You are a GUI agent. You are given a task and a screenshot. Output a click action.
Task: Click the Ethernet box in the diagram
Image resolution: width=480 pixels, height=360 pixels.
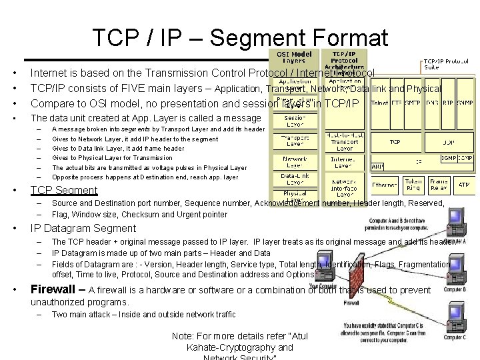tap(385, 184)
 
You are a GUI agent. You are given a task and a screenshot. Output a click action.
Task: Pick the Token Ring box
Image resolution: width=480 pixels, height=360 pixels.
tap(413, 185)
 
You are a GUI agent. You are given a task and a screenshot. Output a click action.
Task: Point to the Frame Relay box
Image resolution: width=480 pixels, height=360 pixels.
tap(438, 185)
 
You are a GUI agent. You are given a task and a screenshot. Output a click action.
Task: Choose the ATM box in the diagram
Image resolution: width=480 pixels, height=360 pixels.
tap(464, 185)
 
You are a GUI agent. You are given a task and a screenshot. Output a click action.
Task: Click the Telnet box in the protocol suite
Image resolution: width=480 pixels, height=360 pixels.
tap(380, 103)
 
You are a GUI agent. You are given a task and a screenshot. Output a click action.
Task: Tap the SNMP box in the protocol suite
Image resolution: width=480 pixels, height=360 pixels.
tap(465, 103)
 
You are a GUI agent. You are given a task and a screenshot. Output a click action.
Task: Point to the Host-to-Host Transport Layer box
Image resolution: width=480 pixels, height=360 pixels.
tap(344, 142)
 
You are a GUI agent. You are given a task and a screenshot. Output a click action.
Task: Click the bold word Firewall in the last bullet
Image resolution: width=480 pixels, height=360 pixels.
tap(55, 290)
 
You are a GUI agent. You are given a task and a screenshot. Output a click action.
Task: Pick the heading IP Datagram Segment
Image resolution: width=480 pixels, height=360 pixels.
tap(83, 229)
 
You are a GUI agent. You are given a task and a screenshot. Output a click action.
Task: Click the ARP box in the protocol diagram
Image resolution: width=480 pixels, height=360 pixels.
tap(376, 166)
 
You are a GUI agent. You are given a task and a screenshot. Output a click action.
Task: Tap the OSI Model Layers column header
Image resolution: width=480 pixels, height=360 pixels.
tap(294, 57)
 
